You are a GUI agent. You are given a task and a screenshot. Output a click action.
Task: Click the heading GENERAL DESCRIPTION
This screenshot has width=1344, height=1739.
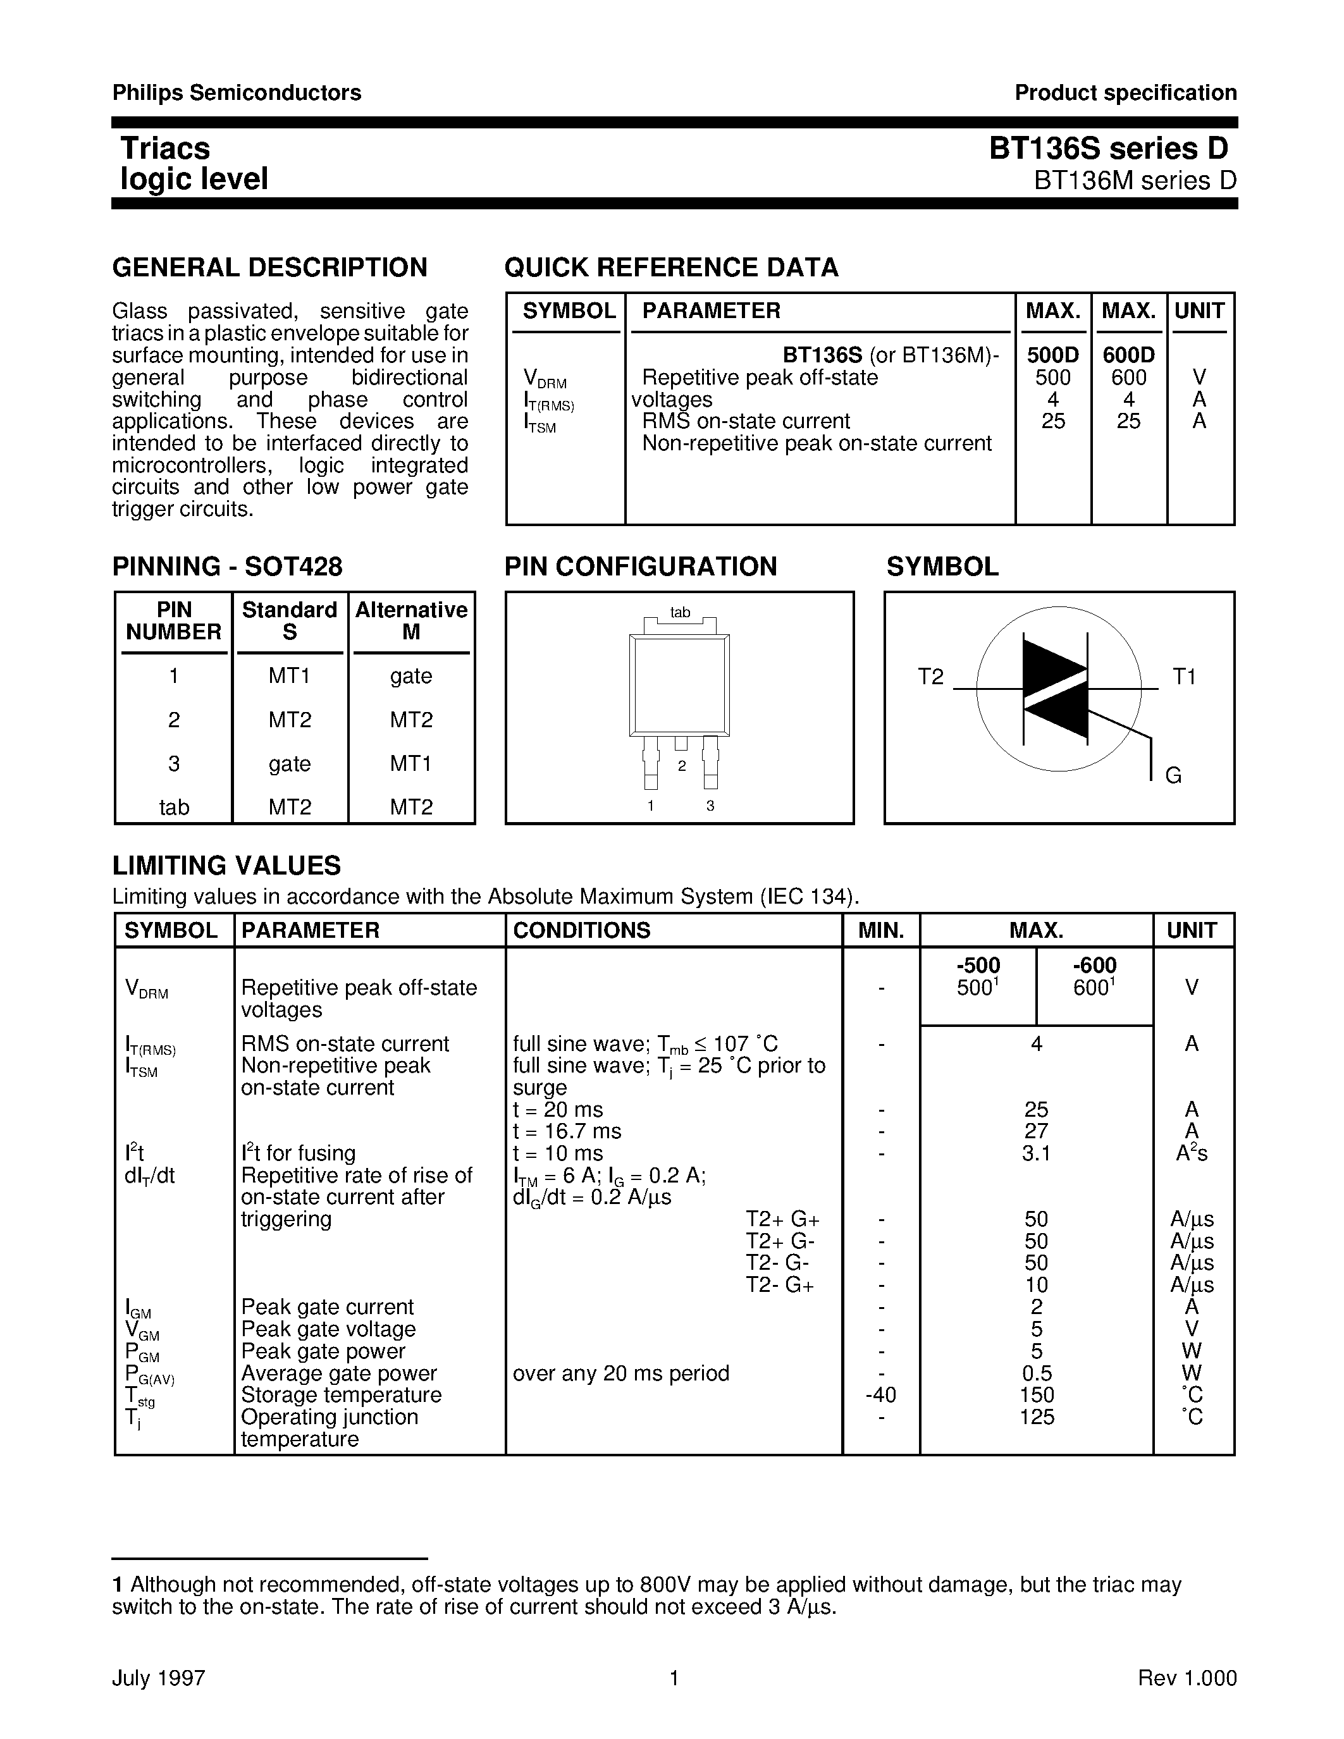(x=269, y=267)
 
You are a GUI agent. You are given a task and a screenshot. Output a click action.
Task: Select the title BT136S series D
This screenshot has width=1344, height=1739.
(x=1108, y=149)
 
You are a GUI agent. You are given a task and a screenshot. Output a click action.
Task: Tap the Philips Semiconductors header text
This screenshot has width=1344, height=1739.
(x=237, y=93)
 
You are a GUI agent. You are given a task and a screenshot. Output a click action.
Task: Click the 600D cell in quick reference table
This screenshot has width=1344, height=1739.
(x=1128, y=355)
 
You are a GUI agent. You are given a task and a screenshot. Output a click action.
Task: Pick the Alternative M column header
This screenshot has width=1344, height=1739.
(x=411, y=620)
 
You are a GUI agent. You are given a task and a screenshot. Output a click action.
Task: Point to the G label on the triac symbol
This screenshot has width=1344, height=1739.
(x=1173, y=775)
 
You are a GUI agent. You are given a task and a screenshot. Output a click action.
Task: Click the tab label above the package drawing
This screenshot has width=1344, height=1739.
(x=679, y=612)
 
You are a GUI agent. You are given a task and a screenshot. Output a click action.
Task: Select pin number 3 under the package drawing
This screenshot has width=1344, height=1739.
(x=710, y=806)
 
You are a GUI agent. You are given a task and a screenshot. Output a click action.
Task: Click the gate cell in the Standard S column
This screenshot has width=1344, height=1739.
(x=289, y=764)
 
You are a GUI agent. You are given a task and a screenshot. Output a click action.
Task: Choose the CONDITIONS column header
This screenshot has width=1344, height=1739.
(x=581, y=930)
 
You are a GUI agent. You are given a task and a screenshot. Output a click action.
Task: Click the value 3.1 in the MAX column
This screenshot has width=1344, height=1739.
(x=1036, y=1153)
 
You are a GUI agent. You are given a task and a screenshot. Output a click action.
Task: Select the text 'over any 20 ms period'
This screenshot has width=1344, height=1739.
(x=620, y=1373)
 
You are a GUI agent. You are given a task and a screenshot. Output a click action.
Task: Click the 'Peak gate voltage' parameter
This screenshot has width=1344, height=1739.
(x=328, y=1329)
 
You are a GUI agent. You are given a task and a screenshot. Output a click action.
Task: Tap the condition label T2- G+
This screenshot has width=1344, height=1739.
(x=779, y=1285)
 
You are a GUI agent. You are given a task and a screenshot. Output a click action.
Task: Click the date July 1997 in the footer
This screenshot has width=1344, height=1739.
(x=159, y=1678)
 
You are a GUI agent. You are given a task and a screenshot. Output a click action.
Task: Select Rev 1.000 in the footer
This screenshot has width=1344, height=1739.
(x=1187, y=1678)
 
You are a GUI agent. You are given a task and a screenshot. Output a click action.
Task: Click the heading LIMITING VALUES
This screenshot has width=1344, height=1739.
(x=226, y=866)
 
